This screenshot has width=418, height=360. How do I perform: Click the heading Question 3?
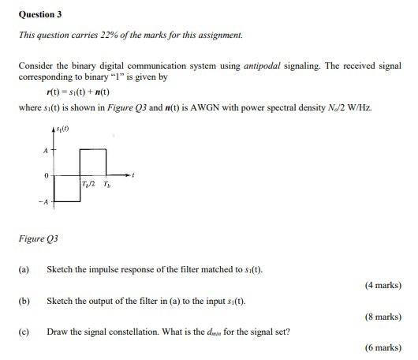(40, 14)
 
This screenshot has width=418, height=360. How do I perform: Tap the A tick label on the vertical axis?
(45, 149)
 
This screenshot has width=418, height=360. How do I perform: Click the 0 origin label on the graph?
(46, 174)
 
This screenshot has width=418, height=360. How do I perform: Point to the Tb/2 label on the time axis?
(88, 184)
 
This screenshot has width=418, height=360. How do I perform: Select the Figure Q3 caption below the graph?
(39, 238)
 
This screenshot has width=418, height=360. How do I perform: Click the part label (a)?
(24, 269)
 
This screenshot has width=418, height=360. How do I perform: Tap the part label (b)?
(24, 301)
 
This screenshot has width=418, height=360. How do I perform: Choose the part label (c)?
(24, 332)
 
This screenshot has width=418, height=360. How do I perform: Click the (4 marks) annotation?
(383, 285)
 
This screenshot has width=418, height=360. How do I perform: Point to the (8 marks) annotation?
(383, 317)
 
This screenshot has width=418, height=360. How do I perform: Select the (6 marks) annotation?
(383, 347)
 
